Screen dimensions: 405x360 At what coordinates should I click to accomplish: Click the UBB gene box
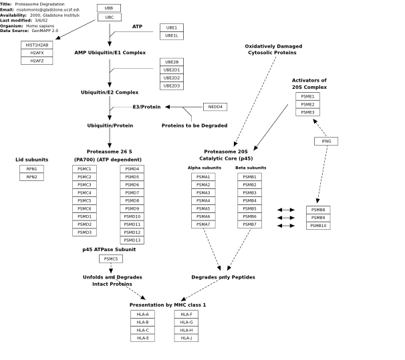click(x=109, y=8)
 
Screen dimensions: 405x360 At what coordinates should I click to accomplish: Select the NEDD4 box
click(x=215, y=107)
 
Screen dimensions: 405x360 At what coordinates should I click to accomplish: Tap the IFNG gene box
click(x=326, y=141)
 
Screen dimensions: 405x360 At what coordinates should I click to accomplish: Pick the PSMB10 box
click(x=318, y=226)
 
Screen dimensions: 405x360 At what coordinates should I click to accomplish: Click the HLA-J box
click(x=186, y=338)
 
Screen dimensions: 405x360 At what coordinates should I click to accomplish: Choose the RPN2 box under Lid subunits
click(x=32, y=177)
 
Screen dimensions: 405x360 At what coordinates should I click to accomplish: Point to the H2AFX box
click(x=37, y=53)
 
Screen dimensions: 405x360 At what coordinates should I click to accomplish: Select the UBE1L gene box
click(x=172, y=35)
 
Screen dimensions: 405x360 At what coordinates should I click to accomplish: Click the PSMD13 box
click(x=132, y=240)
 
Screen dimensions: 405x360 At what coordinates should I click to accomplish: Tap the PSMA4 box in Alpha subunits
click(x=203, y=200)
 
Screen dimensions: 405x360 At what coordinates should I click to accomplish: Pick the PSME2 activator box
click(x=307, y=104)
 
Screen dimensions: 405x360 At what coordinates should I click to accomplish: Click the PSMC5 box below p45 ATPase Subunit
click(x=111, y=259)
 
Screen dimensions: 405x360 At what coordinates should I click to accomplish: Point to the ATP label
click(x=137, y=27)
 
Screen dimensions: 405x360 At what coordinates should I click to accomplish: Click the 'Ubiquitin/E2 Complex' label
click(x=110, y=92)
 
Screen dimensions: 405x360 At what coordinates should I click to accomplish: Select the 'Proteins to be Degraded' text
click(x=194, y=126)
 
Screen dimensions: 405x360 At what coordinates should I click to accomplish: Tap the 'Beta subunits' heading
click(x=251, y=168)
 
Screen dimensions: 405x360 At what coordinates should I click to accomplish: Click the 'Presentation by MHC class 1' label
click(x=168, y=305)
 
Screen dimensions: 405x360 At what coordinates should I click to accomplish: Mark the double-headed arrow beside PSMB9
click(x=286, y=218)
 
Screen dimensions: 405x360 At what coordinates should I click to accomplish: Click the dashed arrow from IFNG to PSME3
click(x=319, y=128)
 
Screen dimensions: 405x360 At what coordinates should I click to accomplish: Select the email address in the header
click(x=47, y=9)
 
